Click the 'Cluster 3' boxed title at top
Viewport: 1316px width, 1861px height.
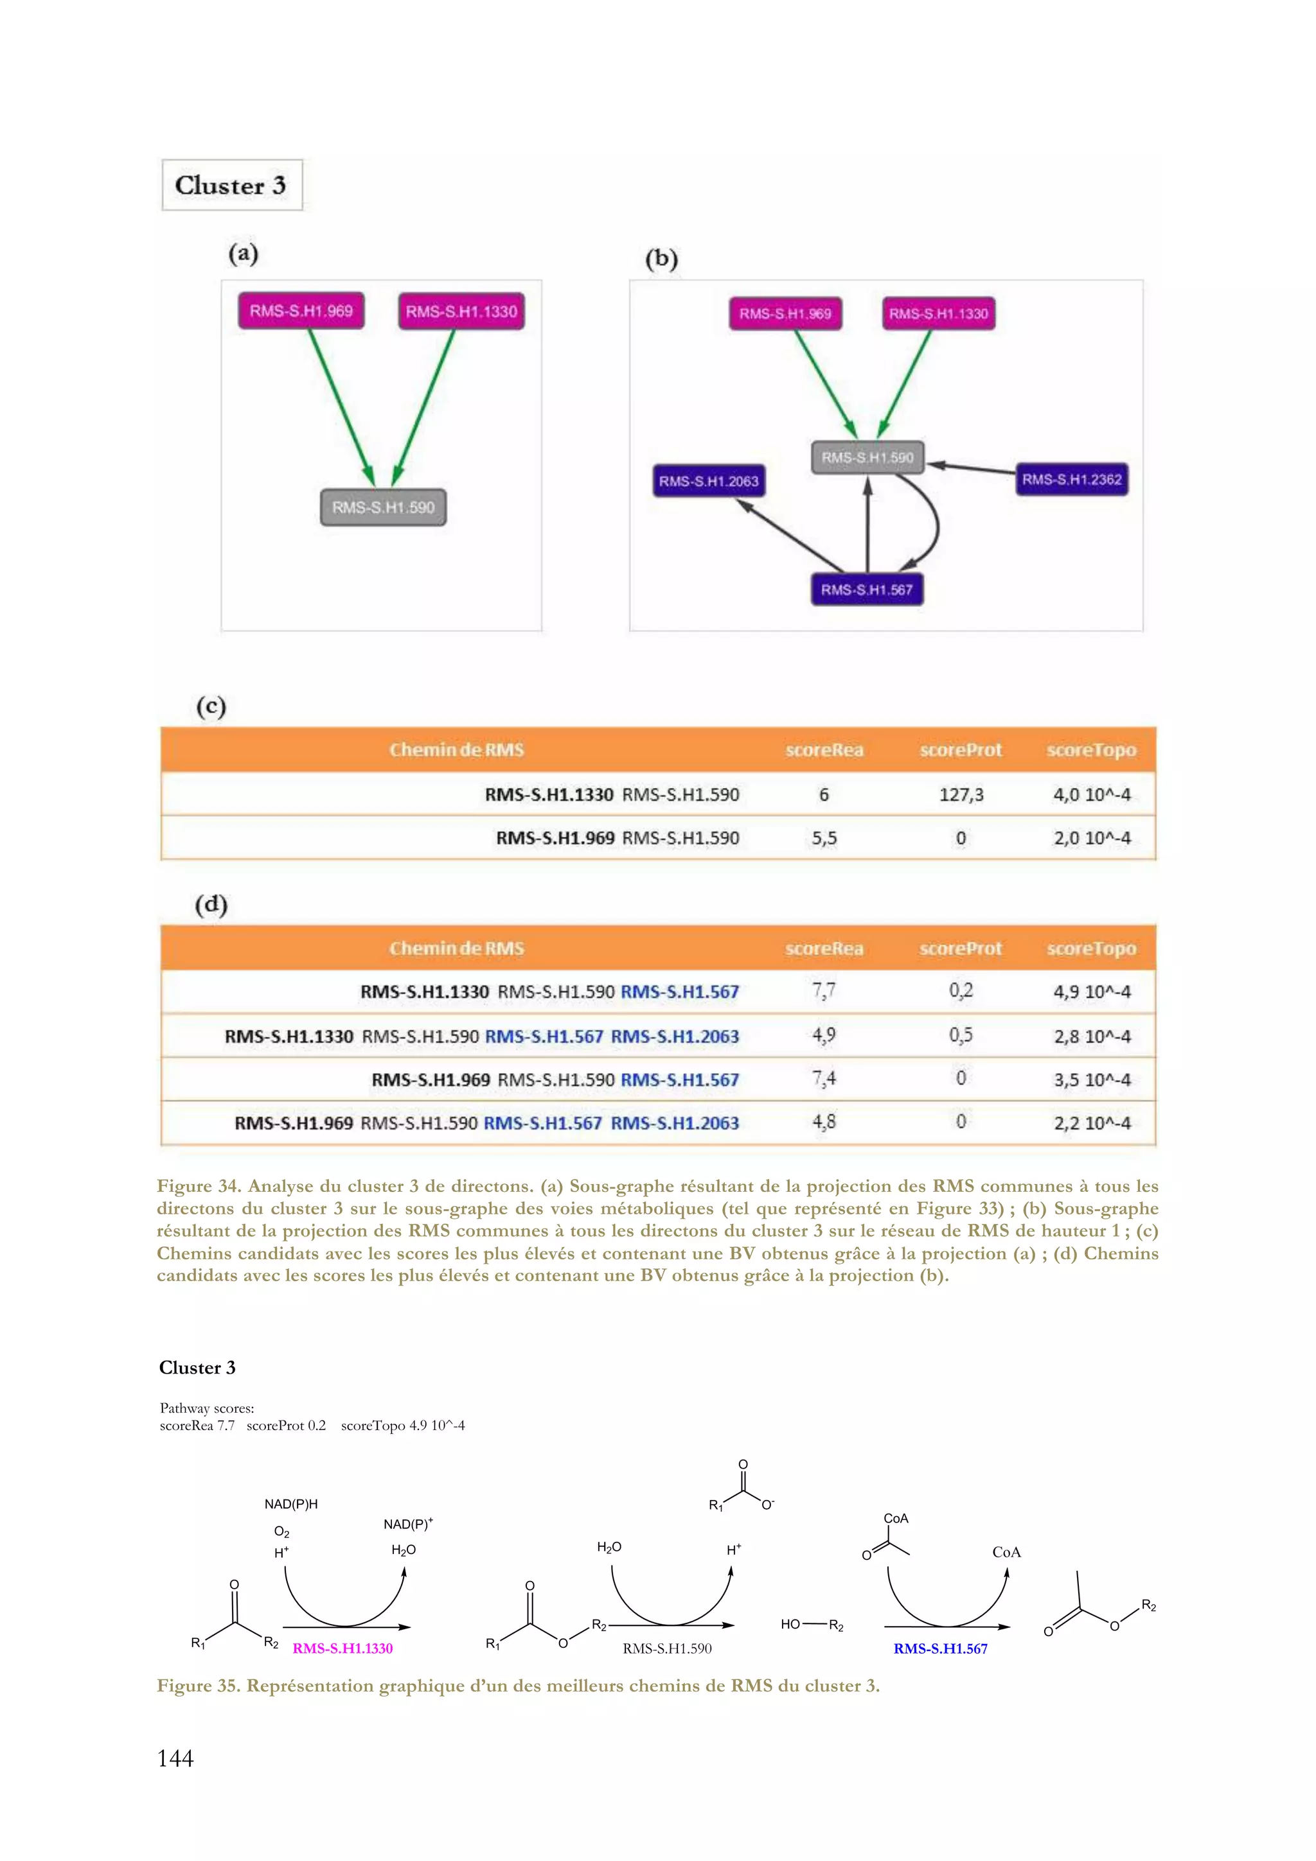tap(231, 186)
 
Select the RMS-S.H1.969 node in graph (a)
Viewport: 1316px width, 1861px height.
tap(301, 311)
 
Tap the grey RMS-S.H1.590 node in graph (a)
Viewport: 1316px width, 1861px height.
tap(383, 507)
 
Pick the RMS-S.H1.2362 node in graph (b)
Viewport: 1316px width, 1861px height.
tap(1071, 480)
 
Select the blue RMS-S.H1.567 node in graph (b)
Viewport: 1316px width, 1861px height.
tap(866, 590)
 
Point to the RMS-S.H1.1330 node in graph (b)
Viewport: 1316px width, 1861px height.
tap(938, 313)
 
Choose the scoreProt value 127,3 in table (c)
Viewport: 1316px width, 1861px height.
tap(961, 794)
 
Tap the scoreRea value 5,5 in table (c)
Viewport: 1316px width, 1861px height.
tap(824, 838)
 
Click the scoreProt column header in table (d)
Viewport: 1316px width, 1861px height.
tap(960, 948)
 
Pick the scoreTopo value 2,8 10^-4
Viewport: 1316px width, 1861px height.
tap(1091, 1036)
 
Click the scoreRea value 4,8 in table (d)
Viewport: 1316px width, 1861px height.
tap(824, 1123)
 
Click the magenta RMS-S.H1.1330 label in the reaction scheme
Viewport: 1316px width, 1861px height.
tap(342, 1648)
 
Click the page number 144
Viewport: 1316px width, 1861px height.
tap(175, 1758)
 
